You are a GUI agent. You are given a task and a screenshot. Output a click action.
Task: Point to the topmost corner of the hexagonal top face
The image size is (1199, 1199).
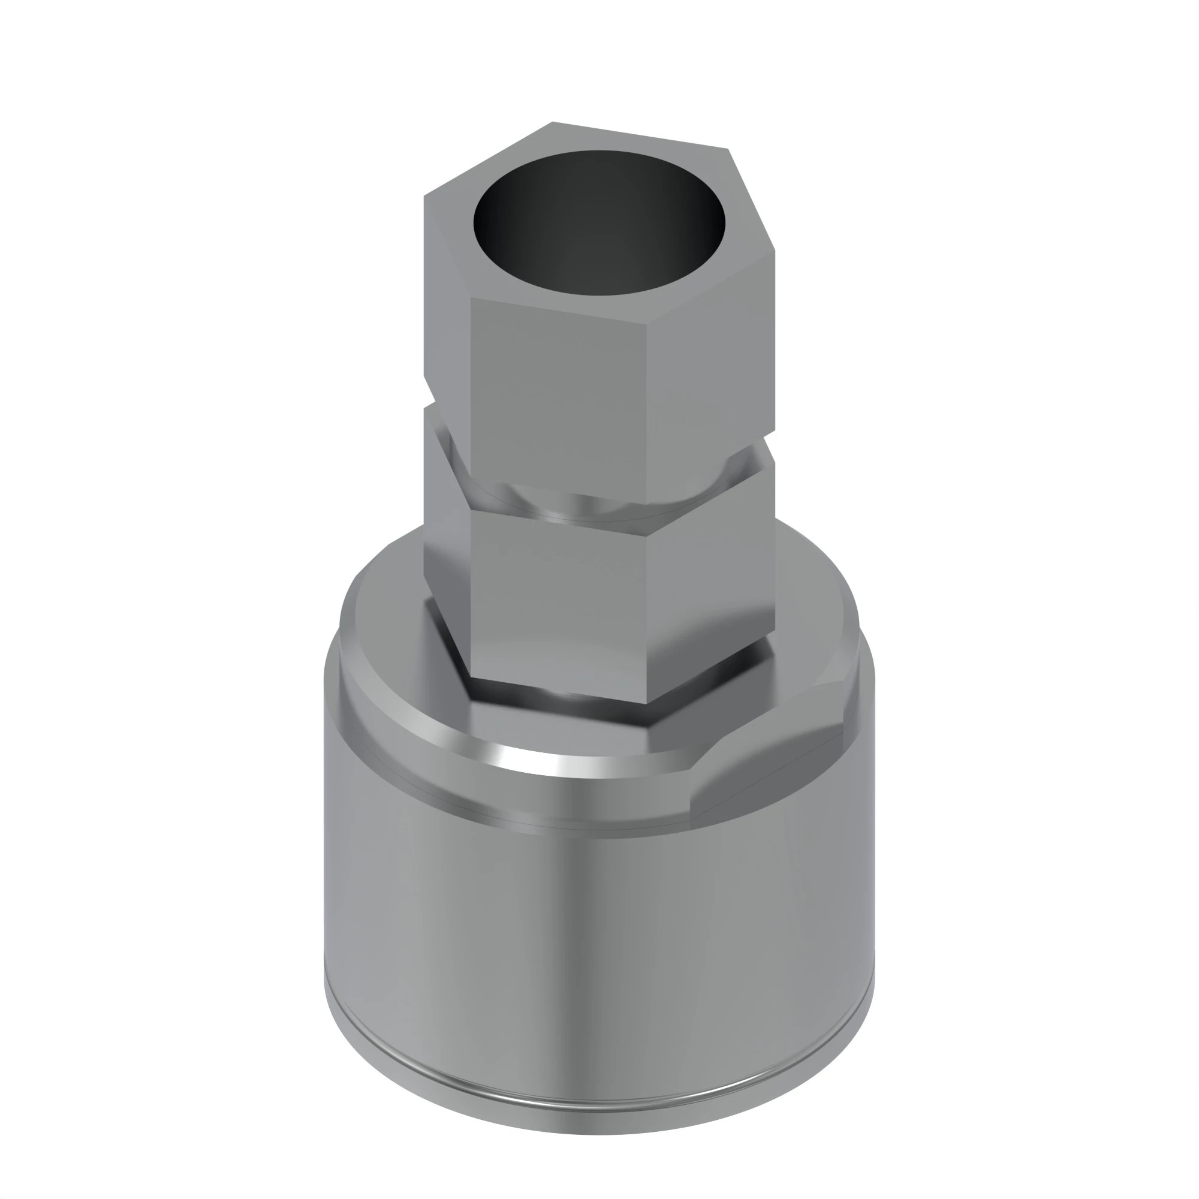[x=552, y=123]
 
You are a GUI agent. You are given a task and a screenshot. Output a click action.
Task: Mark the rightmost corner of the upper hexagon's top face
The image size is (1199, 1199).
[x=774, y=251]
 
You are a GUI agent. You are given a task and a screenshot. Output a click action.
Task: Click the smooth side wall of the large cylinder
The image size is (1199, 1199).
[x=596, y=931]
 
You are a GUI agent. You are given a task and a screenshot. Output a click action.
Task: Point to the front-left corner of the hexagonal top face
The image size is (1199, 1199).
[x=471, y=298]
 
